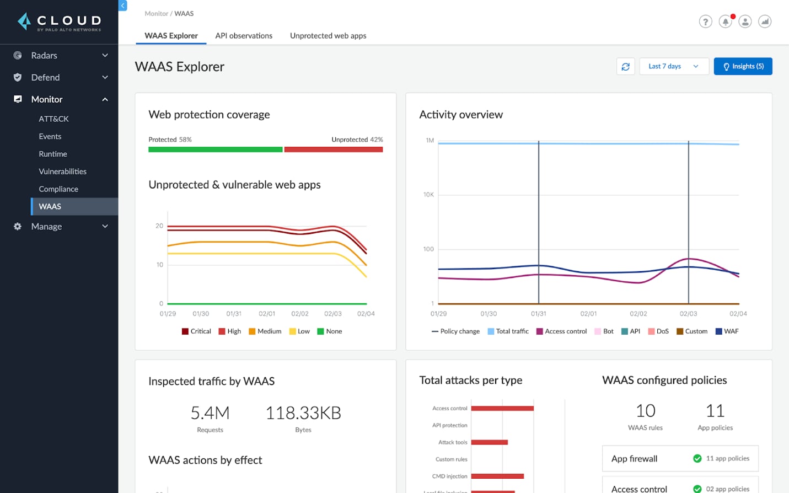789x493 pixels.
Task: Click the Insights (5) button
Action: [x=743, y=66]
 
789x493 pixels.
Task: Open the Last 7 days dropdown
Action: [x=674, y=66]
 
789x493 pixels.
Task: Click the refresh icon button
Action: [x=625, y=66]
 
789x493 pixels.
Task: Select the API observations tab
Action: [x=244, y=36]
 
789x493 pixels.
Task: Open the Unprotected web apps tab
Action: [x=328, y=36]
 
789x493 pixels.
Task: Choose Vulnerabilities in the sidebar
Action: [x=62, y=172]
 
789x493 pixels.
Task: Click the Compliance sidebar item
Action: [x=58, y=189]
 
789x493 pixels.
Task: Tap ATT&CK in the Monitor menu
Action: [x=53, y=119]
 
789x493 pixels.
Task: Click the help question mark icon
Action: [x=705, y=22]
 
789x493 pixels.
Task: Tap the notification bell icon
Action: [x=725, y=22]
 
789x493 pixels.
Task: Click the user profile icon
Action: [x=745, y=22]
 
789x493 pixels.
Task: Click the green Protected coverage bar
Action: [x=215, y=149]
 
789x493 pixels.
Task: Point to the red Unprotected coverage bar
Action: [x=333, y=149]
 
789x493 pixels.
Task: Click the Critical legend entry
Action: [x=196, y=331]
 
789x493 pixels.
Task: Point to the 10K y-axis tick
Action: [x=428, y=195]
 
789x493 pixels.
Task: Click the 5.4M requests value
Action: [x=210, y=413]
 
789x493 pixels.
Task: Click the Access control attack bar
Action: [x=502, y=409]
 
